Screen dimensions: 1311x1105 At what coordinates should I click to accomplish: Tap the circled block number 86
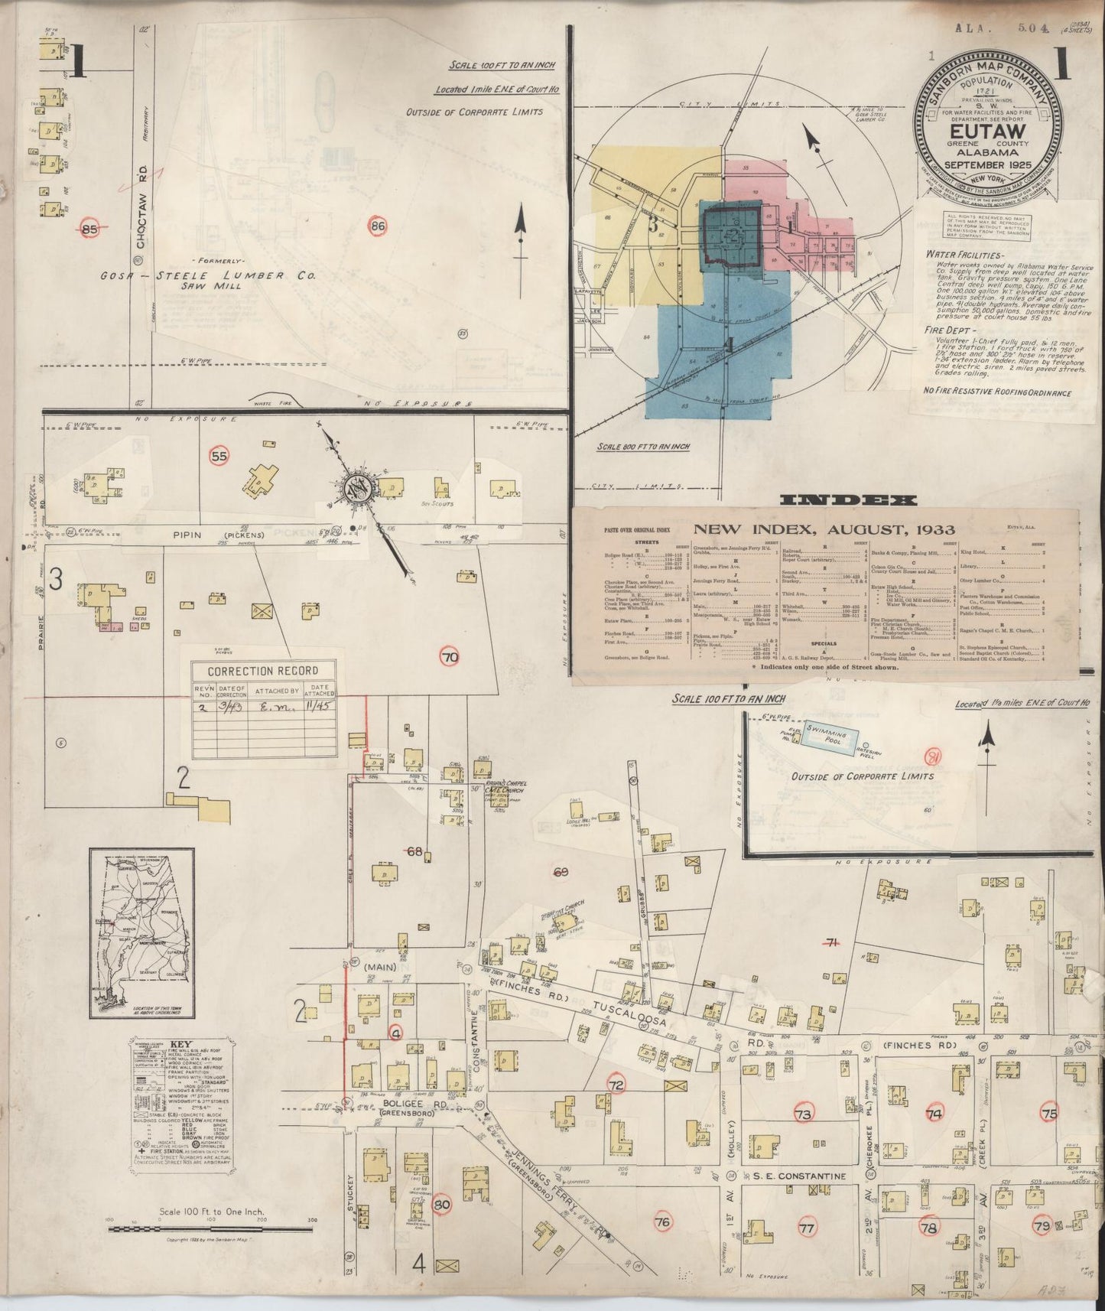coord(377,226)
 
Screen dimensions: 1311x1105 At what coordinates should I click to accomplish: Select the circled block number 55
coord(219,457)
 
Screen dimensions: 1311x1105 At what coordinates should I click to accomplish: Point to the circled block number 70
coord(450,655)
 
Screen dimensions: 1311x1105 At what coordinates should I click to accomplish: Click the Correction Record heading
coord(263,671)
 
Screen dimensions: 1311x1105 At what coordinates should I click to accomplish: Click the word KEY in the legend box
coord(180,1044)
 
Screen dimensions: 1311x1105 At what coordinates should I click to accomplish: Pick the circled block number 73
coord(803,1114)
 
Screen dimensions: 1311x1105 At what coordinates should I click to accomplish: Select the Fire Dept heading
coord(946,331)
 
